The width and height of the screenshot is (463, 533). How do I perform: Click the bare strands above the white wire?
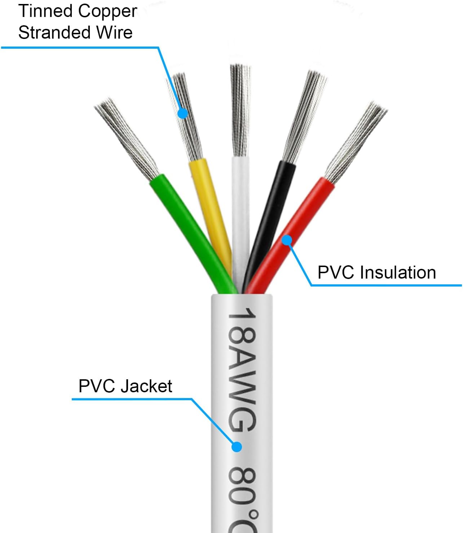(240, 108)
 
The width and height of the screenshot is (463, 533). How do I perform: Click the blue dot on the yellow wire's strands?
(183, 113)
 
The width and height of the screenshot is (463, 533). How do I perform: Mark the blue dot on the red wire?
(287, 240)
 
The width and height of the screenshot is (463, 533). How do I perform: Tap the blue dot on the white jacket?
(237, 447)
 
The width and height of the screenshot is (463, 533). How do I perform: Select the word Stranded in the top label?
(50, 32)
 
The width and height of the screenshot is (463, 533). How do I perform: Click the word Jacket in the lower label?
(146, 386)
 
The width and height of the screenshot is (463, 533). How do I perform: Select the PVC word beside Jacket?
(97, 386)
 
